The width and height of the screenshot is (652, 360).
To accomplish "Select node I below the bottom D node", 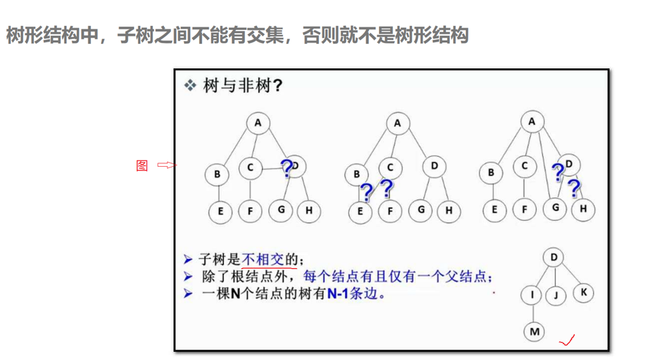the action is coord(532,294).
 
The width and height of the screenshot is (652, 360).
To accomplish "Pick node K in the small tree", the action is coord(583,292).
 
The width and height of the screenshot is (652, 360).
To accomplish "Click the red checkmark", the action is coord(567,341).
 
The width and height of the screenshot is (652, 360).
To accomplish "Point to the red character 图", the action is coord(142,165).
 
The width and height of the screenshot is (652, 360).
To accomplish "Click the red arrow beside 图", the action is coord(166,165).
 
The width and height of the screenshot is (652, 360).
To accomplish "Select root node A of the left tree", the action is coord(258,123).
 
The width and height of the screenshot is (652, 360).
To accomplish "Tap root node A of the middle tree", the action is coord(397,123).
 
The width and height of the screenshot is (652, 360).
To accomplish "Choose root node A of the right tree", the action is coord(532,122).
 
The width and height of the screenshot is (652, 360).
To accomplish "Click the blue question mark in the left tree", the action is coord(286,169).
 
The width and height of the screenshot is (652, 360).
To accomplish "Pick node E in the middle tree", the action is coord(360,212).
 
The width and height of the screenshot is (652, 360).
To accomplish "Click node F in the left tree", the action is coord(250,212).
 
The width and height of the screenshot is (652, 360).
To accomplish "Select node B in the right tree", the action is coord(491,173).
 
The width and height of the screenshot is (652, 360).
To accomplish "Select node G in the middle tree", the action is coord(421,211).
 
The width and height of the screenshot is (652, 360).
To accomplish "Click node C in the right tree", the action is coord(524,166).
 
